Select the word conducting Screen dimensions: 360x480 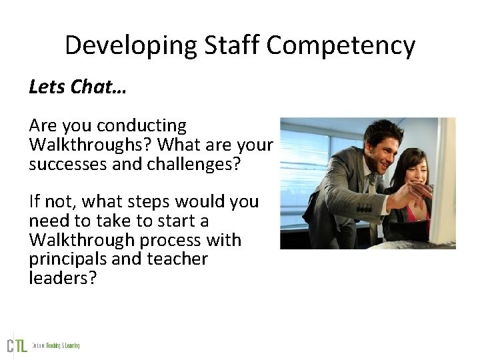pos(141,125)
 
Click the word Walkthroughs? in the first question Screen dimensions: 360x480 pos(91,144)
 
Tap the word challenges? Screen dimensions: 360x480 pos(182,163)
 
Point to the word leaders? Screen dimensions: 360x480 pos(63,278)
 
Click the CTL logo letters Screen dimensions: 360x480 pos(17,345)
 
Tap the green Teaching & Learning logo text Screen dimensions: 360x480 pos(63,345)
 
